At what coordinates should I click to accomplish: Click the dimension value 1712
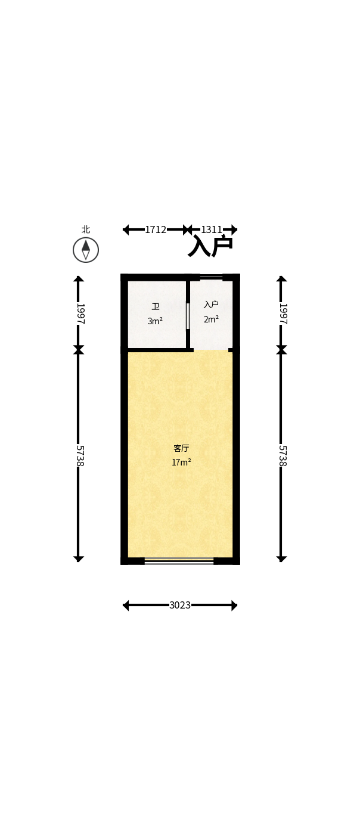[156, 229]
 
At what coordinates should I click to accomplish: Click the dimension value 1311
[212, 229]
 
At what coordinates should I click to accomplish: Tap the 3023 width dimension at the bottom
[180, 605]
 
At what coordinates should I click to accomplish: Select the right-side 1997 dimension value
[283, 314]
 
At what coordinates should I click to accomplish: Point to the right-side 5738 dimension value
[283, 456]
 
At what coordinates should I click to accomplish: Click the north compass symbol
[86, 250]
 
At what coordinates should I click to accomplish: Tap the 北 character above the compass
[86, 229]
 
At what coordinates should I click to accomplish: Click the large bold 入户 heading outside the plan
[210, 246]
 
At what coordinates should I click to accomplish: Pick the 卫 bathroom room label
[156, 307]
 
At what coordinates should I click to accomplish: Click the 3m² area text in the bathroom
[155, 321]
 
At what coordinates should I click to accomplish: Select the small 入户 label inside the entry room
[211, 305]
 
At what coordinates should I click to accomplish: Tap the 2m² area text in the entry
[211, 319]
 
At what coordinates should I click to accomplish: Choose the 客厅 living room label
[181, 448]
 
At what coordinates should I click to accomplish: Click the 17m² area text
[181, 463]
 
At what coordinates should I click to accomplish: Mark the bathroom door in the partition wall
[188, 316]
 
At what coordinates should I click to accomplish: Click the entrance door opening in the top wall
[211, 277]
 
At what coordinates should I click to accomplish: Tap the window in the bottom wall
[179, 560]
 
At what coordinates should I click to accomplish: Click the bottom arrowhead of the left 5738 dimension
[78, 559]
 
